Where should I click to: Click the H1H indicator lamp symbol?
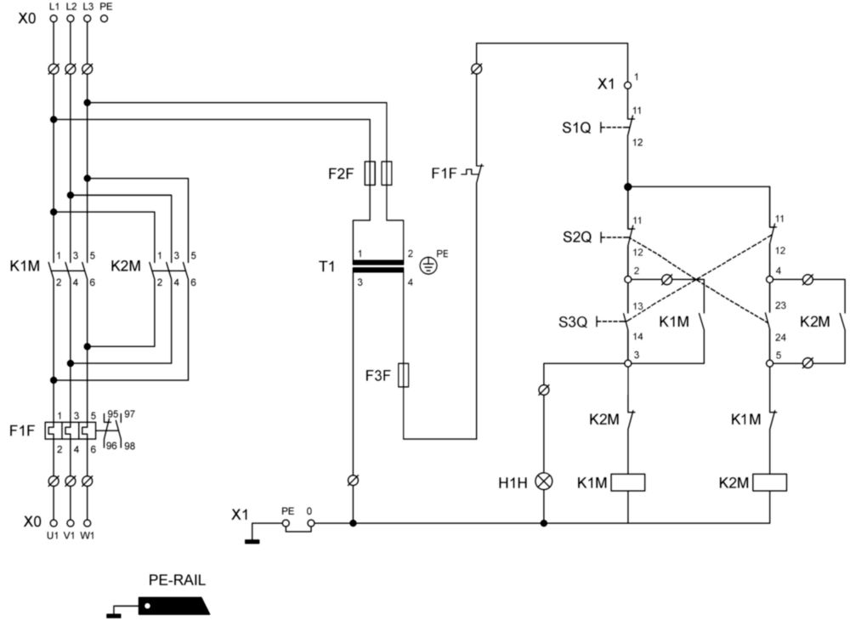point(544,481)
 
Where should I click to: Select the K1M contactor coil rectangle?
point(628,482)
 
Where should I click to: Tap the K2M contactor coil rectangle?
point(769,482)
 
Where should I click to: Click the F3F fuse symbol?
point(403,375)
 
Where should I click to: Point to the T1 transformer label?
point(327,266)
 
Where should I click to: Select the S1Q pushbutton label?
point(576,128)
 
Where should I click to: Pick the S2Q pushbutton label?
point(577,237)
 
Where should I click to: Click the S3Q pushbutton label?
point(573,322)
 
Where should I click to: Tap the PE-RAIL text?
point(178,580)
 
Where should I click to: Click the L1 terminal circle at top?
point(53,19)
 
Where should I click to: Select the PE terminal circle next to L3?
point(104,19)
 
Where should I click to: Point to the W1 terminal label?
point(88,536)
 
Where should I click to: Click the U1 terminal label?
point(52,536)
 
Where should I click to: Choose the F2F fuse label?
point(341,174)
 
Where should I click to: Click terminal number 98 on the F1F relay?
point(129,447)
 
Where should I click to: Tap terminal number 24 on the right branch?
point(780,338)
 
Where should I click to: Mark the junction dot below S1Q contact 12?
point(628,186)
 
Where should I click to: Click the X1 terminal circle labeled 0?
point(310,523)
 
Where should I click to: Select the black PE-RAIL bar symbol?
point(174,606)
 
